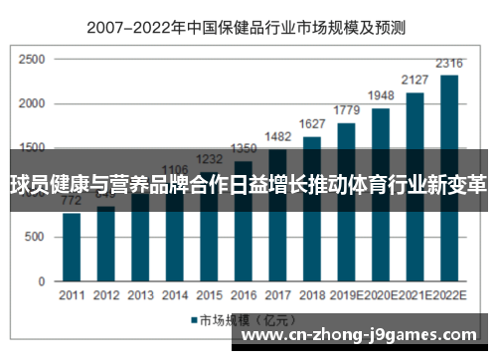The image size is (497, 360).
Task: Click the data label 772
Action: tap(72, 200)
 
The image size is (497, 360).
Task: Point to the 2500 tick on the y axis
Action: tap(31, 60)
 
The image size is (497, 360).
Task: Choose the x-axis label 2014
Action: tap(175, 295)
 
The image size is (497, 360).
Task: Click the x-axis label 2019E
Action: tap(347, 295)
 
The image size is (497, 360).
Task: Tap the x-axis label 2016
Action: tap(244, 295)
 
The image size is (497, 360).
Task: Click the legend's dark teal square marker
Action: tap(194, 320)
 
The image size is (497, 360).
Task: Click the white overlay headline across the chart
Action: tap(248, 183)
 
